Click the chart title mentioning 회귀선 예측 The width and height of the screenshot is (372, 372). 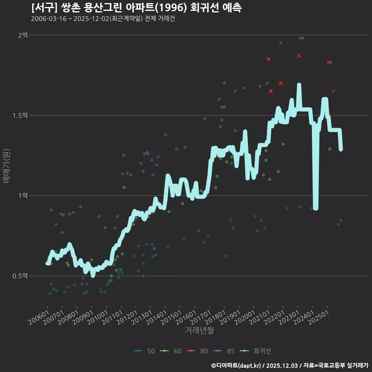click(x=136, y=8)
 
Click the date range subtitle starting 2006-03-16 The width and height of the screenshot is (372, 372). click(x=103, y=19)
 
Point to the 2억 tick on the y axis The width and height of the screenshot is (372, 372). click(x=23, y=35)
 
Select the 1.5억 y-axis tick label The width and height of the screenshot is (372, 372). click(x=20, y=115)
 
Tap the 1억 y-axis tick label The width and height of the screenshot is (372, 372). click(x=23, y=196)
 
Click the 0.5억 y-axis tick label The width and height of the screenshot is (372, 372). click(x=20, y=276)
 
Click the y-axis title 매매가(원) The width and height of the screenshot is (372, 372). click(x=6, y=165)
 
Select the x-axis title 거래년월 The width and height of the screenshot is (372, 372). click(x=199, y=331)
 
